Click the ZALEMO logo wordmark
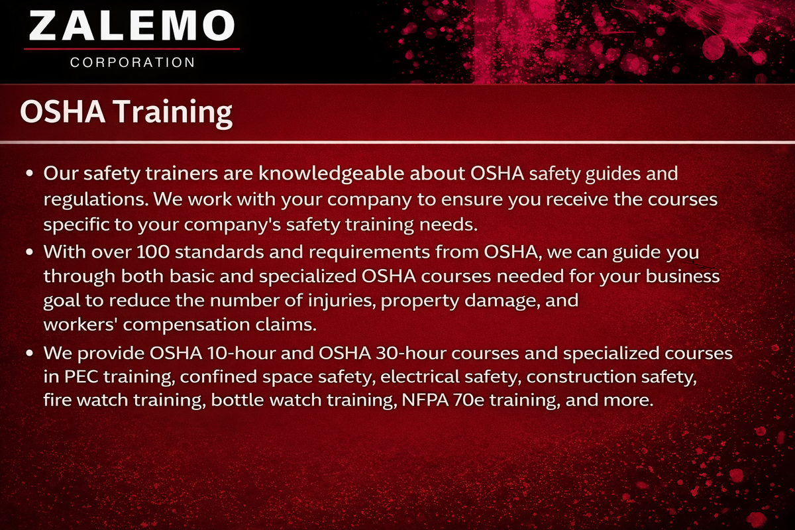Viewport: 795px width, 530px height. coord(132,26)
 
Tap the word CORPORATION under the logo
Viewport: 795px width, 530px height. coord(132,62)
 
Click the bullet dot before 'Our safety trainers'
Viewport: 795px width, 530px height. coord(30,175)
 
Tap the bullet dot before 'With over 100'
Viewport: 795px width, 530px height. coord(30,253)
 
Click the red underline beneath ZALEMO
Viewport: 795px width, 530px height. coord(132,48)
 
